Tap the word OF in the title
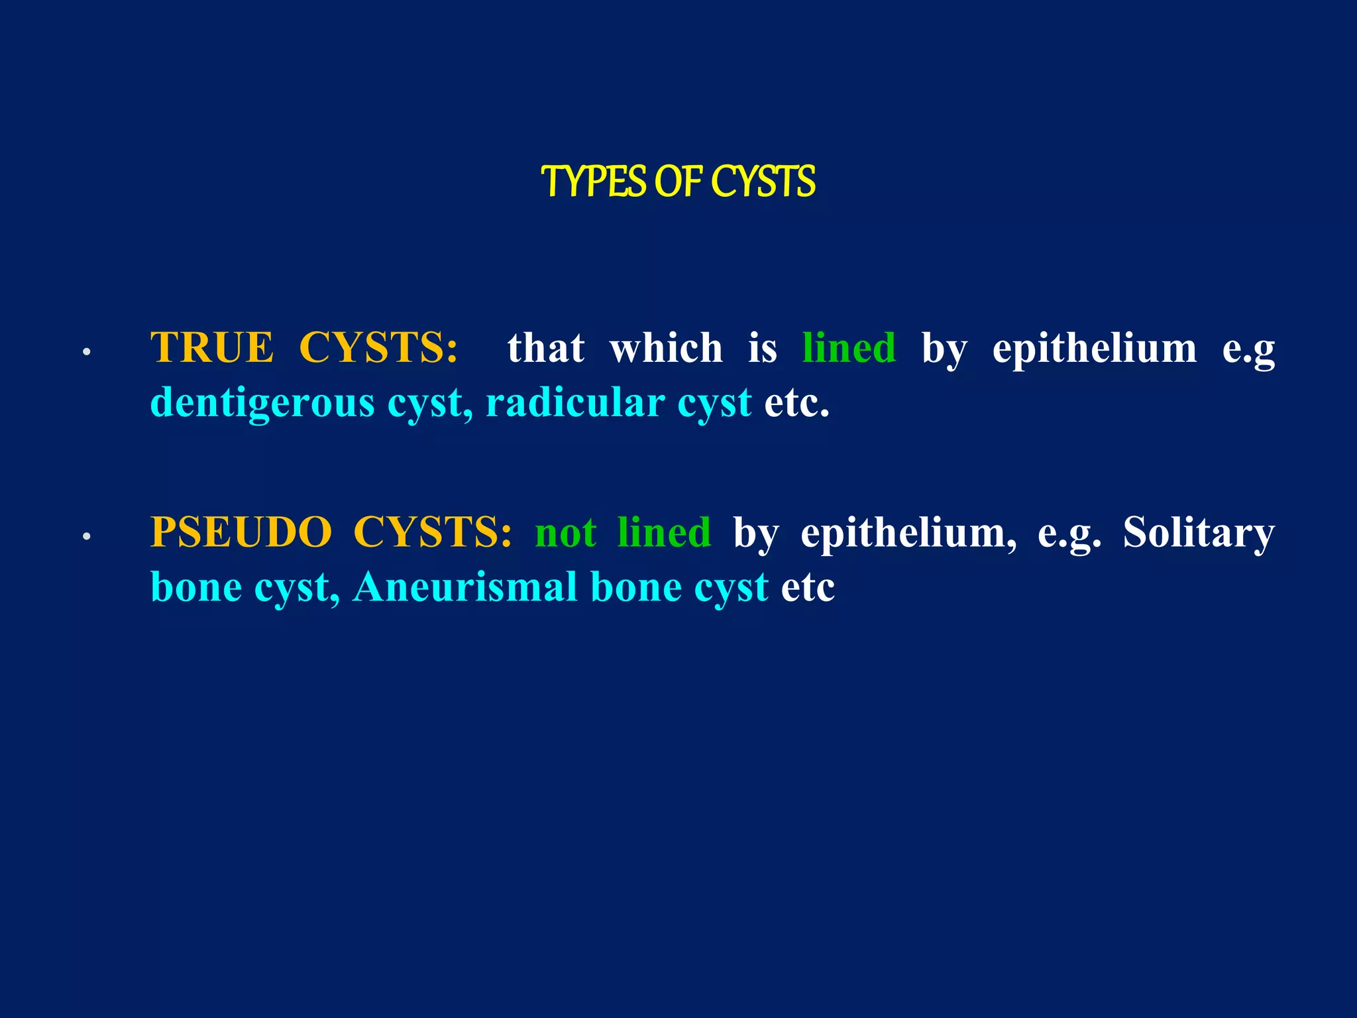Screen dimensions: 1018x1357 coord(678,182)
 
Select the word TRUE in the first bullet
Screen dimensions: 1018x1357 coord(212,347)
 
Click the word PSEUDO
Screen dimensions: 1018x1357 coord(241,532)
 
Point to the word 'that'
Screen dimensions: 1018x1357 coord(546,349)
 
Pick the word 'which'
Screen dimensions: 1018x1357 coord(666,349)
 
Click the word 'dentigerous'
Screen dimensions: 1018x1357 coord(262,402)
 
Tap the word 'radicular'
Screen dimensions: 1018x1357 coord(575,402)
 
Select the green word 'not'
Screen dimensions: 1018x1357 coord(565,532)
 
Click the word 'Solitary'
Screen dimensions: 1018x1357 coord(1199,532)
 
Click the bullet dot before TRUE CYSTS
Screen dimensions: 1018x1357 coord(86,352)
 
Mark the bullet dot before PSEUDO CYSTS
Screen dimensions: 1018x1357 coord(86,536)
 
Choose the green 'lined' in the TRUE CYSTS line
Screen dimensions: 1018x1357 coord(849,349)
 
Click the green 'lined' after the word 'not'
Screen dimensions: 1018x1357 coord(664,532)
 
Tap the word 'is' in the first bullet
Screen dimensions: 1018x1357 coord(762,349)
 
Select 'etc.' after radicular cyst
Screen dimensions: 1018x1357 coord(796,402)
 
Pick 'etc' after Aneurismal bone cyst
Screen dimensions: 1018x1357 coord(808,587)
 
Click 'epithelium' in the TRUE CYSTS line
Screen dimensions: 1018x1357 coord(1095,349)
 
